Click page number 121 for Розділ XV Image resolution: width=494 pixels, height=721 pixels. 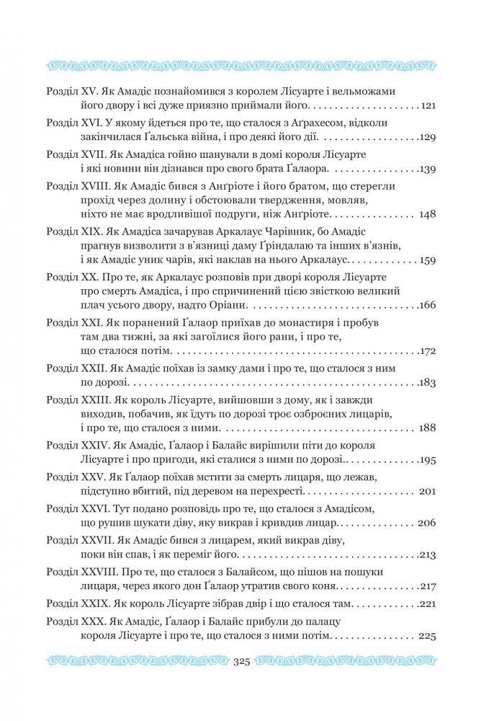tap(428, 106)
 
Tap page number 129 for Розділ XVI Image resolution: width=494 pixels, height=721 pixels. tap(428, 137)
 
